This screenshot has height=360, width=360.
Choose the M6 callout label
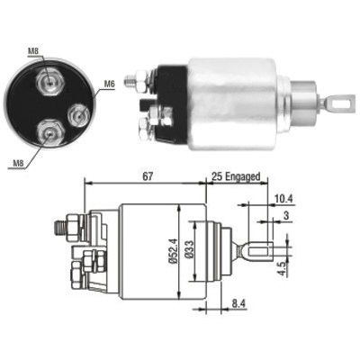[109, 84]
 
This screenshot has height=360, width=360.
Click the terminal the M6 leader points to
[78, 113]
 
